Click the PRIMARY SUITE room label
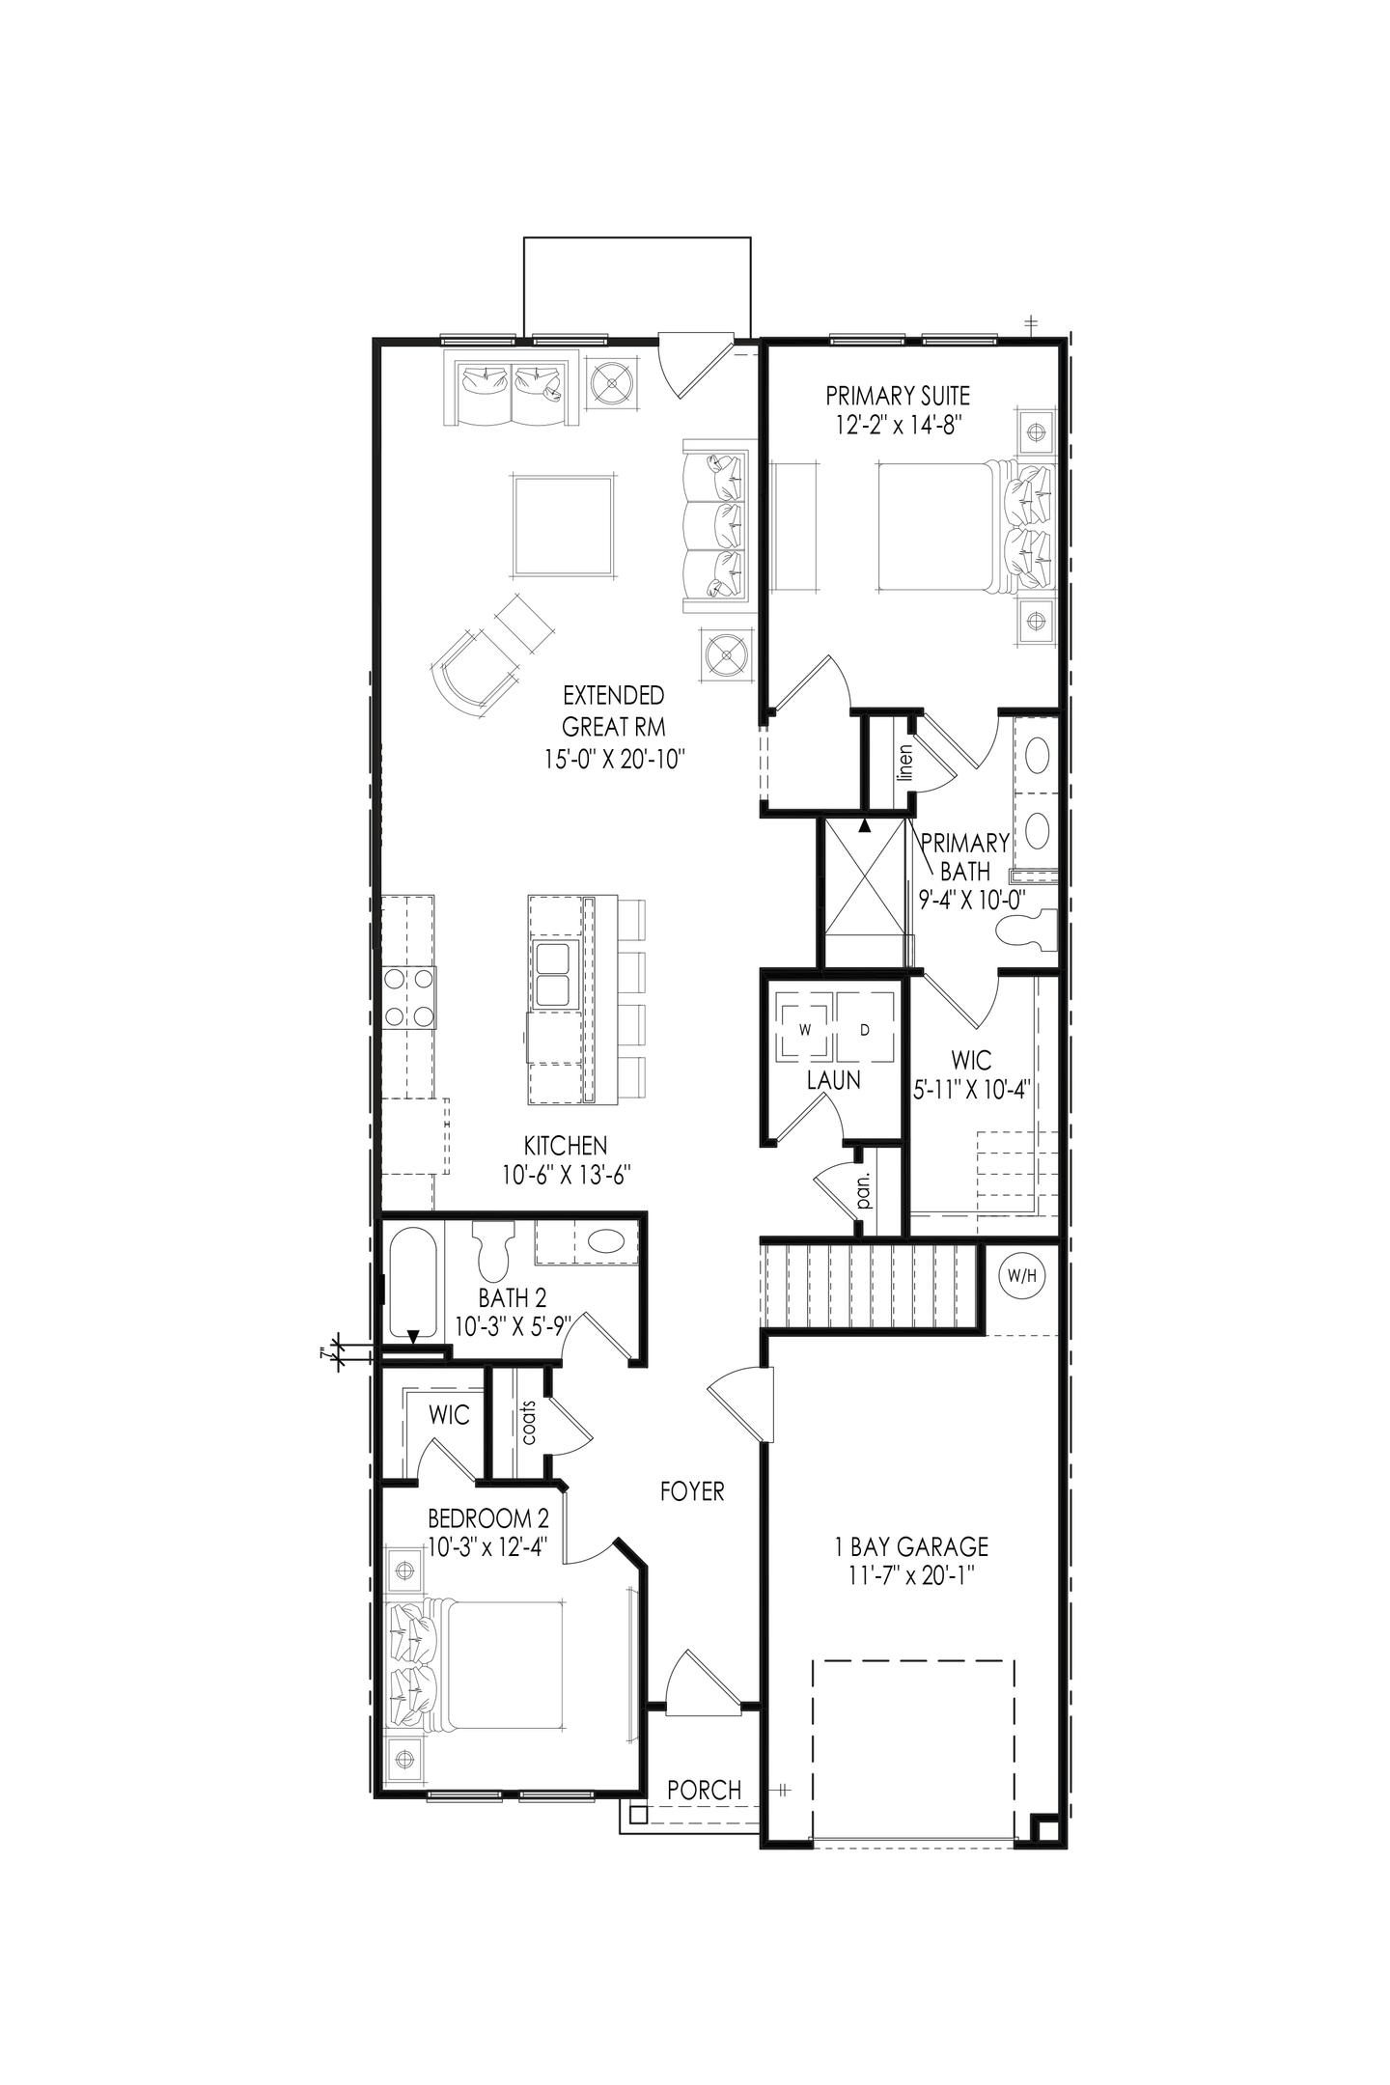click(897, 395)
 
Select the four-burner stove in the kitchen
click(408, 997)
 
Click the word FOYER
click(692, 1491)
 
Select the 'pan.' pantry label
click(864, 1191)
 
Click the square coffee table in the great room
click(564, 525)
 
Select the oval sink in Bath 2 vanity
click(606, 1242)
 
